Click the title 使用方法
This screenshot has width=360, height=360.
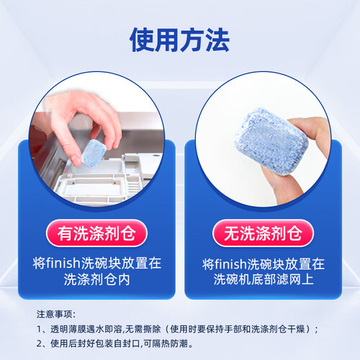[180, 40]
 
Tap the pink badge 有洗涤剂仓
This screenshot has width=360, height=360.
[96, 233]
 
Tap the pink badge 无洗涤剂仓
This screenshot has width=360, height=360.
[263, 233]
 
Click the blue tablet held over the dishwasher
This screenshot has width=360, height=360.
[94, 153]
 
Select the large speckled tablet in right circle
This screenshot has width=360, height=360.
[271, 141]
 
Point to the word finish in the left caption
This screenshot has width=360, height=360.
[63, 263]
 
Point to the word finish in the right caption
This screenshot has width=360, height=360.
[230, 264]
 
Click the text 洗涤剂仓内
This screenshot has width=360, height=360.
[96, 279]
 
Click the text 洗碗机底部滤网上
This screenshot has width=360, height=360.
[264, 279]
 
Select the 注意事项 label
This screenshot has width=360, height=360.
[55, 314]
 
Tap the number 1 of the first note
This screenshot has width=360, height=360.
[40, 329]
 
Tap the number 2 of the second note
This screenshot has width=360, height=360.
[40, 343]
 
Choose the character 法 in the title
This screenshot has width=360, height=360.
[217, 40]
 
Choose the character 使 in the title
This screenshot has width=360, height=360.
[142, 40]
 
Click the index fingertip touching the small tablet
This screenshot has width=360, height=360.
[76, 161]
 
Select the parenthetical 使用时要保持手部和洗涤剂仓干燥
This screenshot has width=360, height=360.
[237, 329]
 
